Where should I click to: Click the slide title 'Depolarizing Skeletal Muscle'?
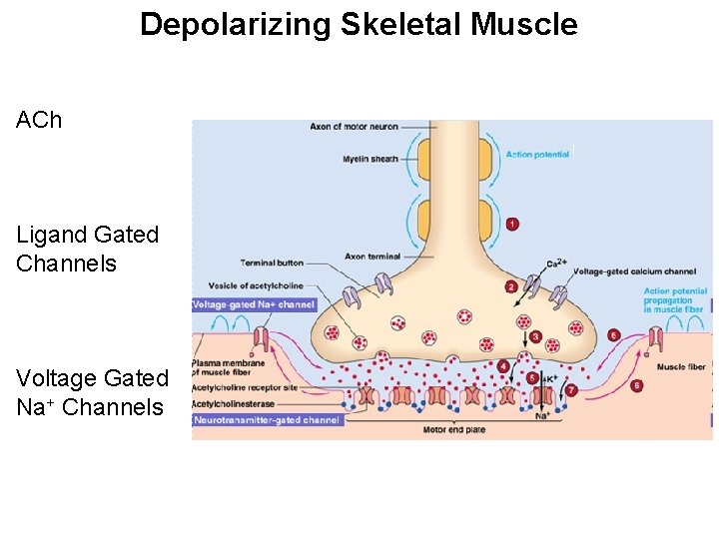tap(359, 24)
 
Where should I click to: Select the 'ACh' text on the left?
tap(39, 120)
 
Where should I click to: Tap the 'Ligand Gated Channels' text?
tap(88, 249)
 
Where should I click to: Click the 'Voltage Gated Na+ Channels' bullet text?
tap(92, 392)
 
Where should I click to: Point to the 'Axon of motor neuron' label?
tap(354, 127)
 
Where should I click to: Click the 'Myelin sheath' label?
tap(370, 159)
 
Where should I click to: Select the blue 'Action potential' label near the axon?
tap(537, 155)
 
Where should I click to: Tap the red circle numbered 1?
tap(512, 225)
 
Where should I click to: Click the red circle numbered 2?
tap(511, 286)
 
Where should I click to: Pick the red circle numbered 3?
tap(535, 337)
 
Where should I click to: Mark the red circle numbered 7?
tap(571, 390)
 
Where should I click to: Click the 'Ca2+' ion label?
tap(557, 264)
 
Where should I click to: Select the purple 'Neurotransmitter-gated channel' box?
tap(268, 420)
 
